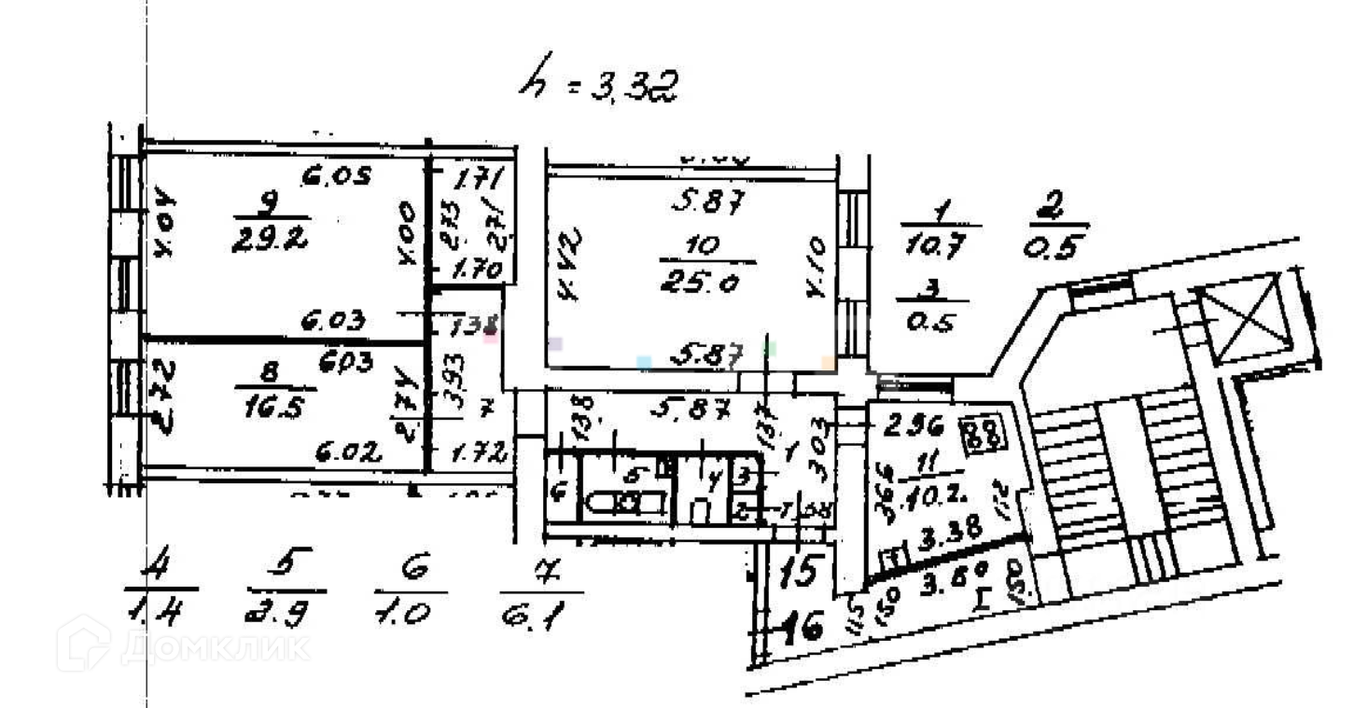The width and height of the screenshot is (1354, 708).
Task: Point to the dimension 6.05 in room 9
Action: click(x=335, y=174)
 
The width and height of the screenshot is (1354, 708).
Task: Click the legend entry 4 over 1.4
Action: click(x=160, y=588)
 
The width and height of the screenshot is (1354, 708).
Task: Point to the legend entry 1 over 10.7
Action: click(x=940, y=226)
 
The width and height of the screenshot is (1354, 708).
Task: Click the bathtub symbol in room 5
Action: click(x=625, y=504)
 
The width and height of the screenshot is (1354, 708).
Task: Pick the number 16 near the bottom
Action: click(x=803, y=628)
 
